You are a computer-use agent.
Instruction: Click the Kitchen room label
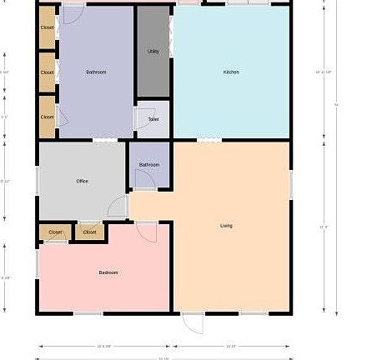(231, 72)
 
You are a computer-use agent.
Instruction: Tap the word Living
(226, 226)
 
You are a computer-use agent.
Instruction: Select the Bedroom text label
(108, 272)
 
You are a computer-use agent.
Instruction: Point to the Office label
(83, 181)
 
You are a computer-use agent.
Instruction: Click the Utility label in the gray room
(153, 52)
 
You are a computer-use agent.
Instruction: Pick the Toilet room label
(153, 119)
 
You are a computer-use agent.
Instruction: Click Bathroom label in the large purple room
(96, 72)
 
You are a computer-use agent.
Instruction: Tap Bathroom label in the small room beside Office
(149, 165)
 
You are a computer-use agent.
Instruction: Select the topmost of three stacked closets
(48, 27)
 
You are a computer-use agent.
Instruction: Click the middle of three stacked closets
(48, 72)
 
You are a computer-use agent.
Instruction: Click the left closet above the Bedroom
(55, 232)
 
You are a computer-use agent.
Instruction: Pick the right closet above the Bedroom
(89, 232)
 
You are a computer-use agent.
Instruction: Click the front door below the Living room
(192, 322)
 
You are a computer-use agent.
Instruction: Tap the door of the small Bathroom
(143, 181)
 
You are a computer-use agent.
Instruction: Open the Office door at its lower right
(117, 208)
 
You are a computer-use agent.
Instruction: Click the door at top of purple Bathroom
(73, 12)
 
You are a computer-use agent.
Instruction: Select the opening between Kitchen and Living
(209, 140)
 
